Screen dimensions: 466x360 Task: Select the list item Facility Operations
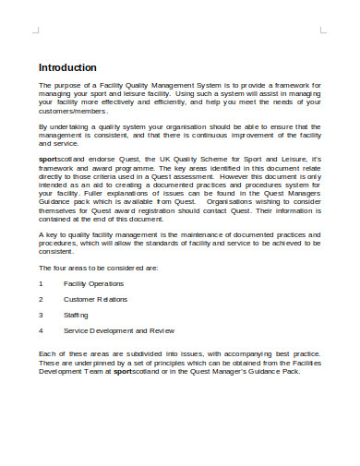click(95, 283)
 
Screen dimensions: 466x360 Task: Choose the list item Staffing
click(77, 315)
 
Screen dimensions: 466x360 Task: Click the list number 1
click(41, 283)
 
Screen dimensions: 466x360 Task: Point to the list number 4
click(41, 330)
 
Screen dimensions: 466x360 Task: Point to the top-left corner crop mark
click(35, 30)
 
